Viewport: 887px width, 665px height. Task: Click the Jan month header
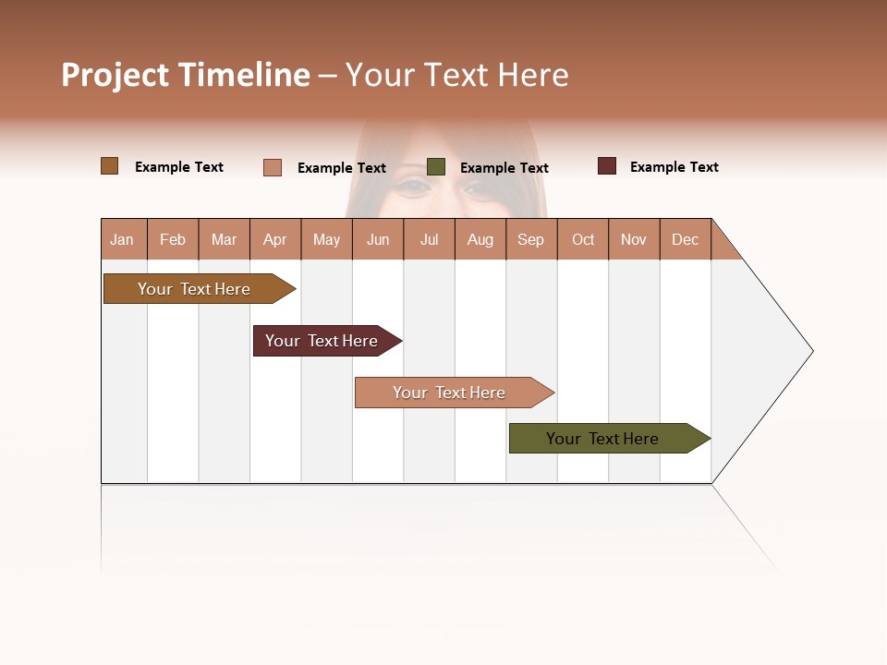(123, 239)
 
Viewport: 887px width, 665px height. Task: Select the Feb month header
(173, 239)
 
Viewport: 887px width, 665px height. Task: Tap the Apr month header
(275, 239)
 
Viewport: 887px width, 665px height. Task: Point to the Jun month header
(378, 239)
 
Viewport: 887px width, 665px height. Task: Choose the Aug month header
(480, 239)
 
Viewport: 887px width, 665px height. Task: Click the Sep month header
(531, 239)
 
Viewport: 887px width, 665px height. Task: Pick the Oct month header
(583, 239)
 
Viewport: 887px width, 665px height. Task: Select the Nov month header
(634, 239)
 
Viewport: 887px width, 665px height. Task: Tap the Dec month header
(686, 239)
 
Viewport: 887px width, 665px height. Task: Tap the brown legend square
(109, 166)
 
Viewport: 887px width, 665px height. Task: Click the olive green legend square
(436, 167)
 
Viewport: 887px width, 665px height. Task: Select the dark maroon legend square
(607, 166)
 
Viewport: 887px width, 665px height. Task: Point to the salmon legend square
(273, 167)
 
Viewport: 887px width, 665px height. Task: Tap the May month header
(326, 239)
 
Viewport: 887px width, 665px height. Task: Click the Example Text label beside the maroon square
(674, 167)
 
